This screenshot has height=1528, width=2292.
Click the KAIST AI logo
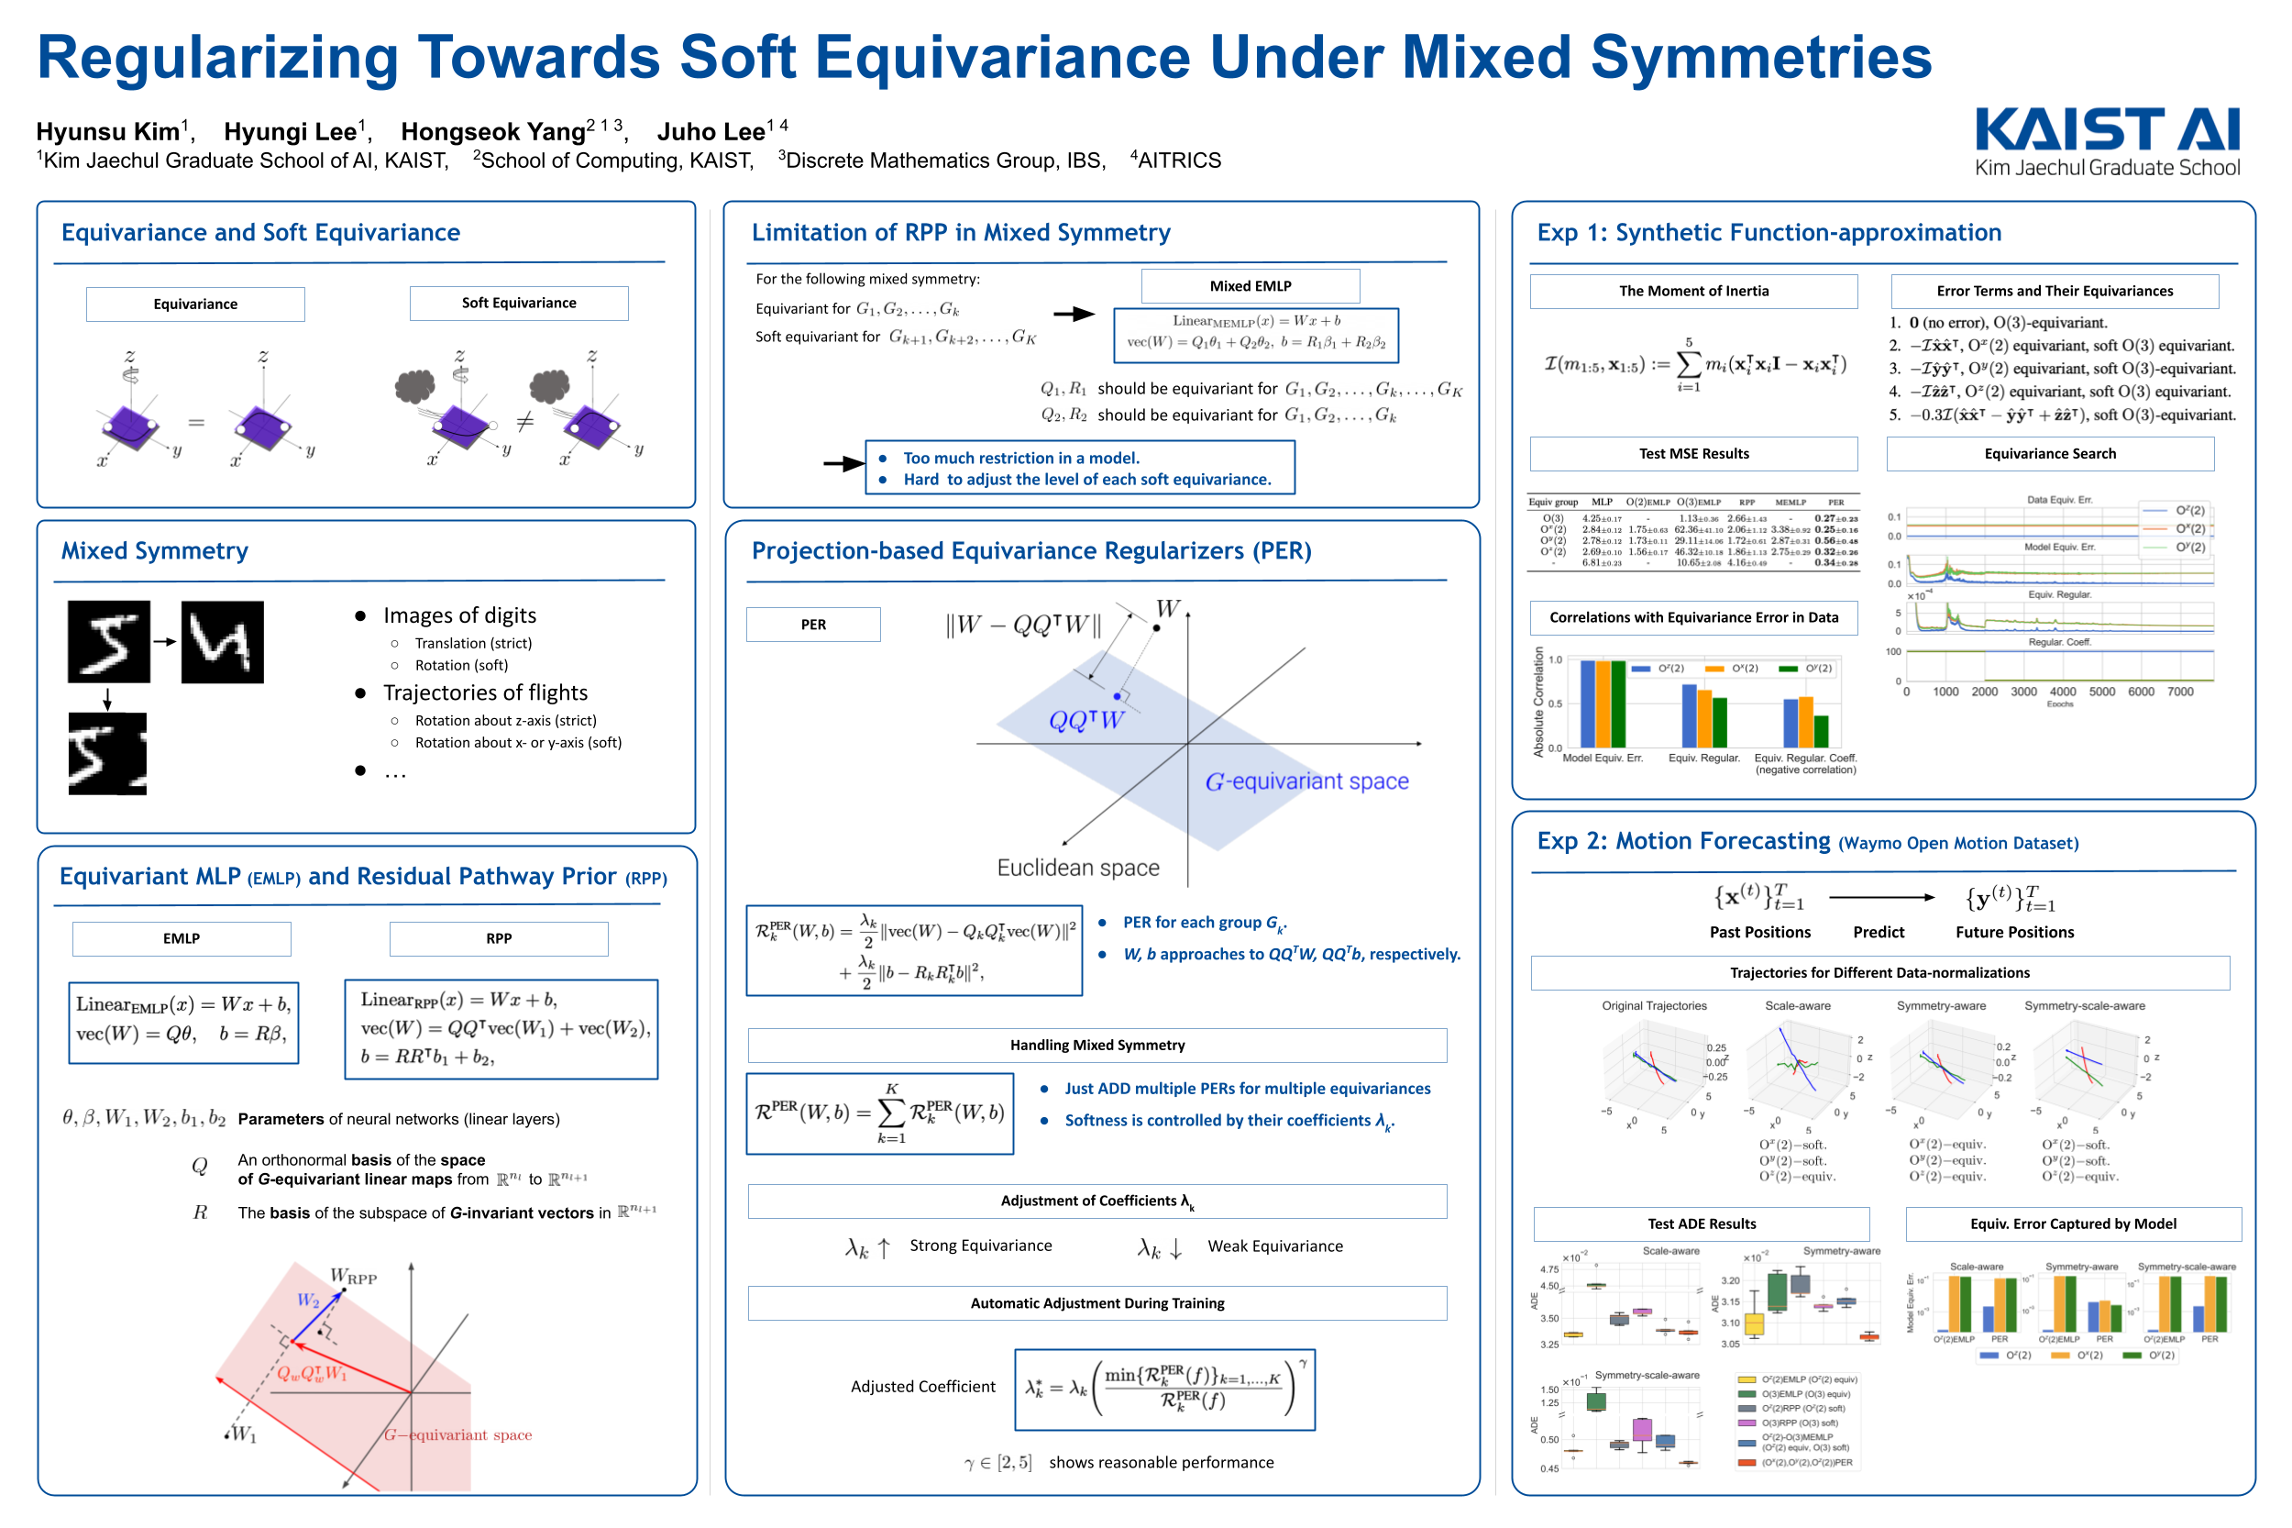coord(2106,141)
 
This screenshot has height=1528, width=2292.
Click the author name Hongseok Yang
coord(492,131)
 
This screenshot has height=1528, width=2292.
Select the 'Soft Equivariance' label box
coord(518,303)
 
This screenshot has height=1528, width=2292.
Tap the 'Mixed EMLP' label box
coord(1250,285)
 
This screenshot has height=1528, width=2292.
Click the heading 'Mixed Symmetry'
coord(155,550)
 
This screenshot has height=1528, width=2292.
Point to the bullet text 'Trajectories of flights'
coord(485,692)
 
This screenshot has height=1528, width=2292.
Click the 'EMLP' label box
coord(182,938)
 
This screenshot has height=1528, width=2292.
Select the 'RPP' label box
coord(499,938)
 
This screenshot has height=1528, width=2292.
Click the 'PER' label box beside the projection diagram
coord(812,625)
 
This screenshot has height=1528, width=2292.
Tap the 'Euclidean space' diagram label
coord(1077,868)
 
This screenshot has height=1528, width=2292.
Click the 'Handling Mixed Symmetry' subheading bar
coord(1096,1045)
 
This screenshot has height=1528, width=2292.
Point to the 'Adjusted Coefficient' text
coord(922,1387)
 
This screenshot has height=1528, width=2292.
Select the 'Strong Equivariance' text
coord(980,1246)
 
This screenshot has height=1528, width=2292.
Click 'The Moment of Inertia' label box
coord(1693,291)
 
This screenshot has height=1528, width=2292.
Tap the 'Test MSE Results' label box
coord(1693,453)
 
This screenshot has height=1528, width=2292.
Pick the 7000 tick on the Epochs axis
coord(2180,692)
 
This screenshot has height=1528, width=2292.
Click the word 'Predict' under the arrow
coord(1878,933)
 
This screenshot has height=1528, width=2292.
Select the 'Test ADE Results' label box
coord(1701,1224)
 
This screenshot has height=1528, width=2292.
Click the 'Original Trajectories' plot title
coord(1654,1005)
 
